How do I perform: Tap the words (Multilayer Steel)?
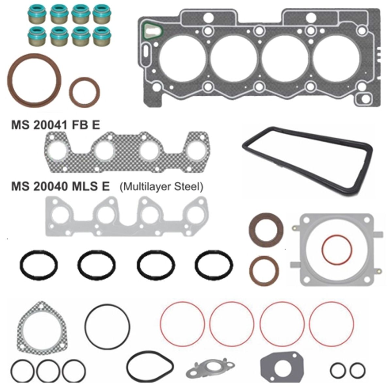tap(161, 187)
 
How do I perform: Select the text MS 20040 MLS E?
tap(60, 187)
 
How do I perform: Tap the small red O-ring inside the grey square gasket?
tap(322, 250)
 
